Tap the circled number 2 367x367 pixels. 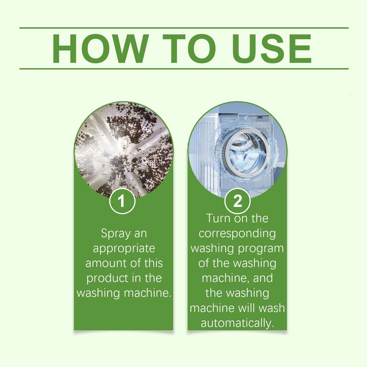tap(237, 201)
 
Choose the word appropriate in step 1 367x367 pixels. tap(124, 249)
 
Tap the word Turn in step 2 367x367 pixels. tap(219, 218)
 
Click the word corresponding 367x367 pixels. tap(237, 233)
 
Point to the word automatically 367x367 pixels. tap(237, 323)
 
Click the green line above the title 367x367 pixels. tap(183, 28)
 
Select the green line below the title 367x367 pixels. tap(183, 69)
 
